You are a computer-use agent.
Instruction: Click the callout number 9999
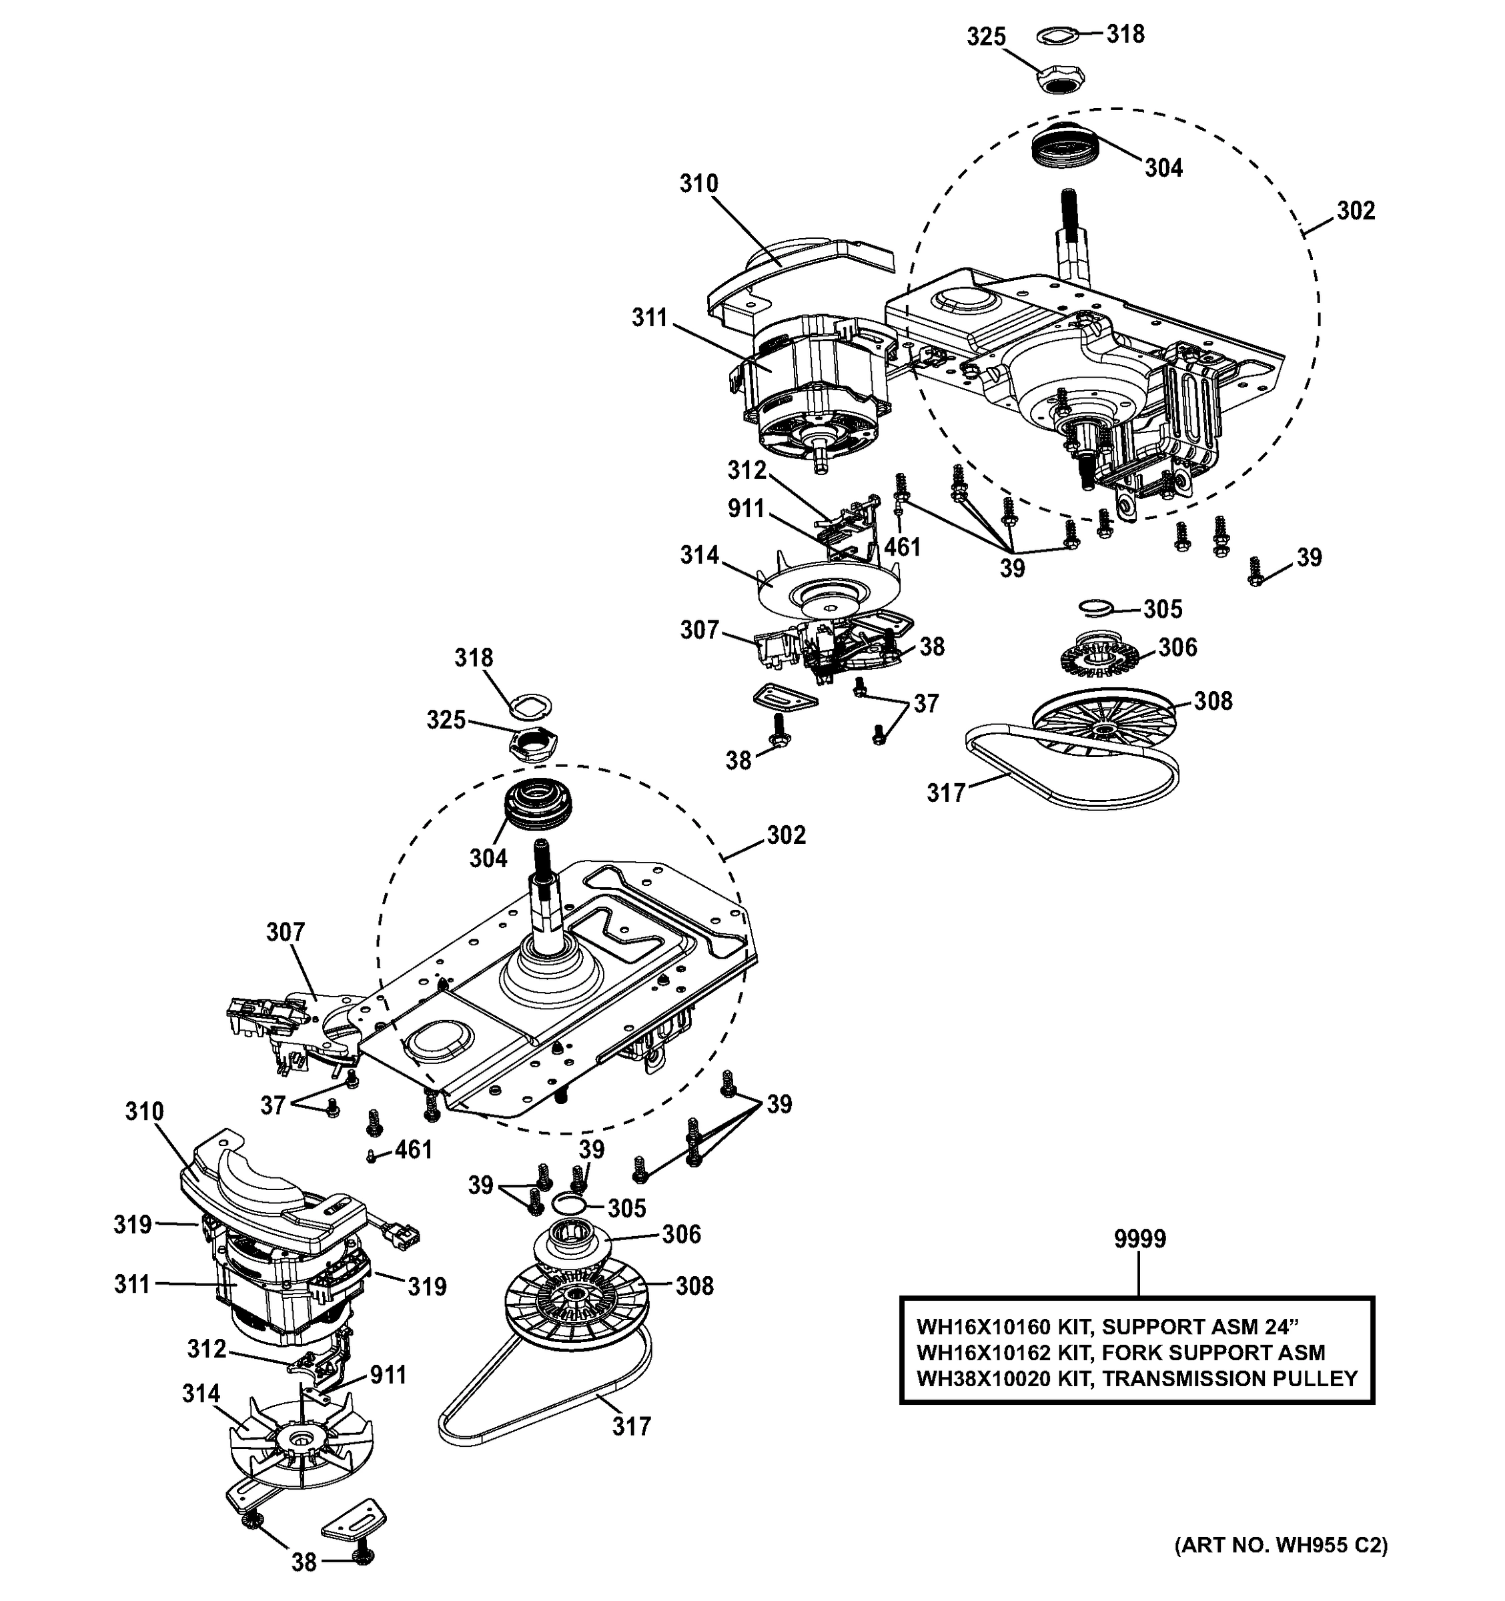[x=1139, y=1239]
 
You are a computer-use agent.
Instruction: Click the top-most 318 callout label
[x=1125, y=34]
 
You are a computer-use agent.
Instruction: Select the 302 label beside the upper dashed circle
[x=1356, y=211]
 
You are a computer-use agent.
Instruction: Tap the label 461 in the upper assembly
[x=902, y=548]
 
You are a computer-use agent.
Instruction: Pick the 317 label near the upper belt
[x=945, y=793]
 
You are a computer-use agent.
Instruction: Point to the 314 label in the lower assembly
[x=201, y=1394]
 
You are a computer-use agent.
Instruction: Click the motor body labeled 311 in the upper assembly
[x=813, y=378]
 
